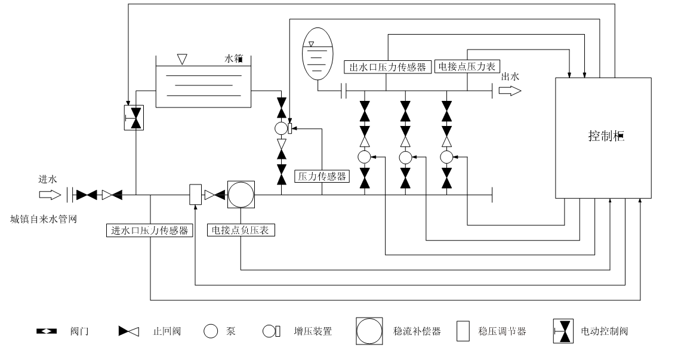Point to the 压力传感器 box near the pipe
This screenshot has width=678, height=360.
(x=322, y=176)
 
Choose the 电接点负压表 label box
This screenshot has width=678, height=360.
(x=241, y=230)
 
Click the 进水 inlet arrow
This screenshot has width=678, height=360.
(x=50, y=195)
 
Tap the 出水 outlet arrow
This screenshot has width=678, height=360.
(x=510, y=91)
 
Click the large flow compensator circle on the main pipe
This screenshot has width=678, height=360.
(x=241, y=195)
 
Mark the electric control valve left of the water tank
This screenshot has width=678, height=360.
(x=136, y=117)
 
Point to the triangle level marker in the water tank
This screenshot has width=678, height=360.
(x=183, y=60)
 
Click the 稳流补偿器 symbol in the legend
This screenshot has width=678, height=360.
(x=371, y=331)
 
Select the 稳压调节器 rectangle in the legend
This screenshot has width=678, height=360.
(x=464, y=331)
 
